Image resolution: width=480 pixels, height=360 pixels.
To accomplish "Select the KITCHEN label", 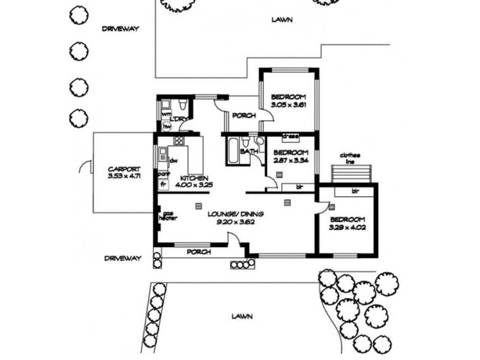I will tap(194, 179).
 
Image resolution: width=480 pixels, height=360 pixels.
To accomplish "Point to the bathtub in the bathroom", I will tap(232, 151).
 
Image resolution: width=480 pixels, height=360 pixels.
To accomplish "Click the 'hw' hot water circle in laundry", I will tap(166, 127).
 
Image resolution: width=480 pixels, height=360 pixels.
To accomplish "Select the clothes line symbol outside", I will tap(352, 173).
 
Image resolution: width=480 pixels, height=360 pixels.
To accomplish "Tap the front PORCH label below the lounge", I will tap(198, 252).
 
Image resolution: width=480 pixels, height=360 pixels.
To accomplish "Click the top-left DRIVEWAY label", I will tap(120, 29).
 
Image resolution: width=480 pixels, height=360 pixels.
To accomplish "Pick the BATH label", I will tap(249, 152).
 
